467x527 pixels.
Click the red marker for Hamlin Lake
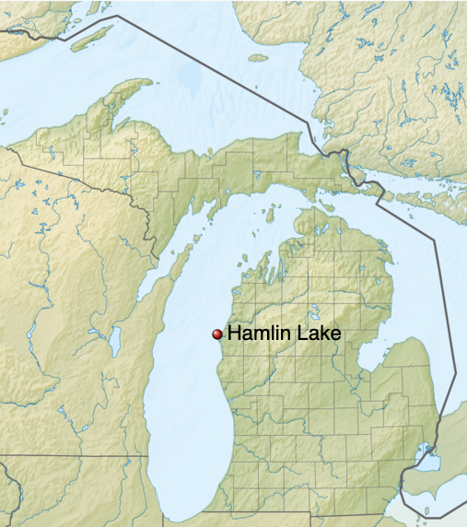217,334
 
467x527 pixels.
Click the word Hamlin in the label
257,334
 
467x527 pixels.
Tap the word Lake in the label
316,334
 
